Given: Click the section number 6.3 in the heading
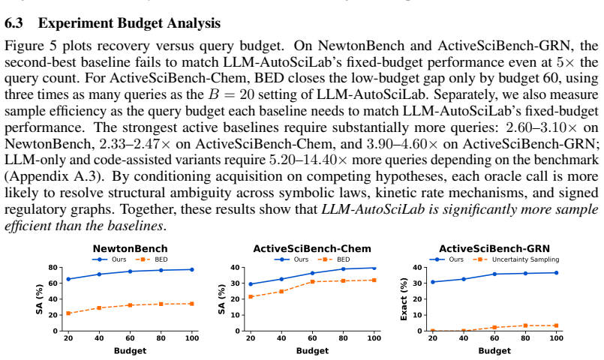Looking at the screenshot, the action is coord(14,23).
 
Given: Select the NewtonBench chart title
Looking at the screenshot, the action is coord(131,249).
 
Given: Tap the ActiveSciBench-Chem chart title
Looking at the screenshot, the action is coord(312,249).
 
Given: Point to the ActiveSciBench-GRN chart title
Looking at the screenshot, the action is coord(494,249).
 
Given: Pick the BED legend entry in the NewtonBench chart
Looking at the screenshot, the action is coord(152,259).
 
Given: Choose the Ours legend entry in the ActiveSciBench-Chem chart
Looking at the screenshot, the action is coord(292,259).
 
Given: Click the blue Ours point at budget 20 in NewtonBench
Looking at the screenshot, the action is coord(68,279).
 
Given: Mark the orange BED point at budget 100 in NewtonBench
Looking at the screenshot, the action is coord(192,304).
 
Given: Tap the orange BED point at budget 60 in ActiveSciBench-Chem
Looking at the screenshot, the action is coord(312,282).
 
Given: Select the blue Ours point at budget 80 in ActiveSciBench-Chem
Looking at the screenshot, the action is coord(343,269).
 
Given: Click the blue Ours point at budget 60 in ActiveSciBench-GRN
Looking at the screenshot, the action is coord(494,274).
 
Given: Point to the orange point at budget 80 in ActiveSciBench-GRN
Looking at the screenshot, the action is coord(525,325).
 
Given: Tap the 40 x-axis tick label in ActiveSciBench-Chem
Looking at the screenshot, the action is coord(281,338).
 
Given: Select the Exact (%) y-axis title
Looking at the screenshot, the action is coord(404,298).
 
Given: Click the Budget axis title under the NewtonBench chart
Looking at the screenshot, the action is coord(131,351).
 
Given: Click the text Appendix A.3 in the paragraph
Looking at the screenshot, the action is coord(53,176).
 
